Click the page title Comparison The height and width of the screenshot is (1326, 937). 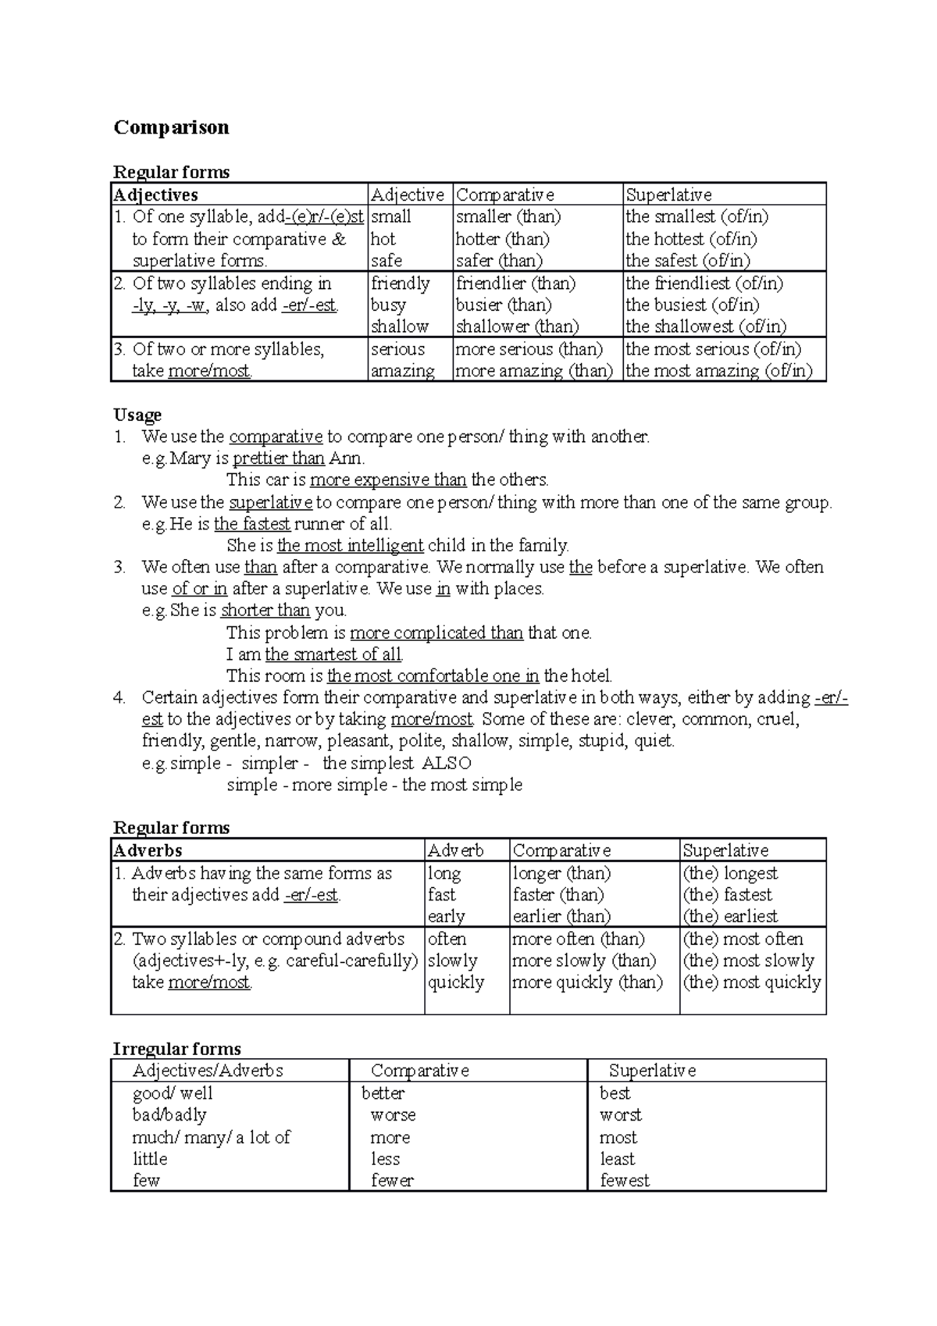[x=171, y=127]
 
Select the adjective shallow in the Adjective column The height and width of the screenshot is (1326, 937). [x=399, y=326]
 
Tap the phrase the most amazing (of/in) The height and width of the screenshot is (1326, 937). [x=718, y=371]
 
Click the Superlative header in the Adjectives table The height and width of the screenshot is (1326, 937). [x=668, y=194]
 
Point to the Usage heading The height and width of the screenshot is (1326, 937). [x=137, y=415]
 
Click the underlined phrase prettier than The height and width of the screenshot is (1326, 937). [x=278, y=458]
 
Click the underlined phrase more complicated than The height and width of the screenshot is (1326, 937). [x=436, y=633]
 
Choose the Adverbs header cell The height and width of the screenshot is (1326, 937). [x=148, y=850]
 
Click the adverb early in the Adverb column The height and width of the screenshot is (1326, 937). [x=446, y=916]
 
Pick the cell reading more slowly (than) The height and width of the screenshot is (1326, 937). [x=584, y=961]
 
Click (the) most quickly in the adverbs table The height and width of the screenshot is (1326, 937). [x=752, y=982]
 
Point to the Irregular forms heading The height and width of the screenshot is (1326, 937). [x=176, y=1049]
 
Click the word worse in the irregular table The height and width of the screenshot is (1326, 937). [x=393, y=1115]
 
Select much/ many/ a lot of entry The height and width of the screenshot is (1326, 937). [x=211, y=1137]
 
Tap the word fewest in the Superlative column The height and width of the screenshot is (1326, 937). [x=624, y=1181]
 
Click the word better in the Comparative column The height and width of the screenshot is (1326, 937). [x=383, y=1093]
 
